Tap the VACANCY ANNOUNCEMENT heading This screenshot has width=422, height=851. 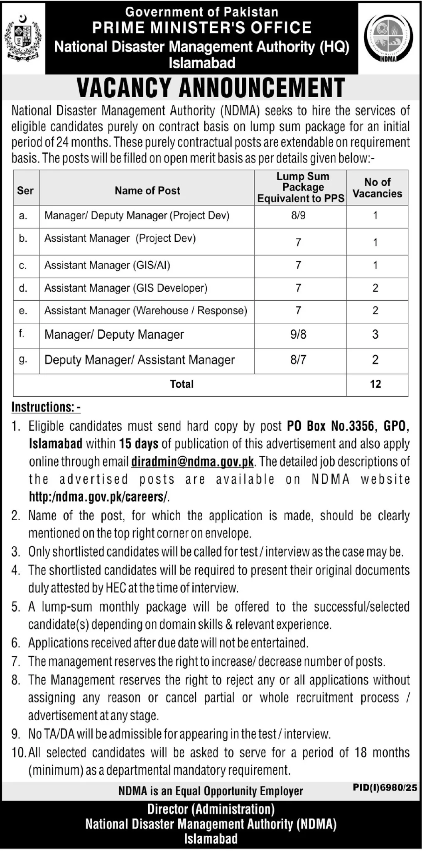pos(211,88)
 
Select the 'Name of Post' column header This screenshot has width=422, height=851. pos(147,191)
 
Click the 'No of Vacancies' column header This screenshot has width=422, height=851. pos(377,188)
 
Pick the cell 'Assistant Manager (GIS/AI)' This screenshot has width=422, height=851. pos(107,266)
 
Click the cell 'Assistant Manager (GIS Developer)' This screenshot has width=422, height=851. pos(126,288)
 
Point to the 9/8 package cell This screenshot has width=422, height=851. pos(298,334)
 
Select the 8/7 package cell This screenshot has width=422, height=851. pos(298,360)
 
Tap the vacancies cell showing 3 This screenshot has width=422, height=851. pos(375,334)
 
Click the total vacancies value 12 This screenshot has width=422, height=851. pos(375,384)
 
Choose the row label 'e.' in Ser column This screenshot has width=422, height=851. pos(23,310)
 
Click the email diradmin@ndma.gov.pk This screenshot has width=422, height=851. pos(192,462)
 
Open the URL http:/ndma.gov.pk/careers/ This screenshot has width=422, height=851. pos(99,497)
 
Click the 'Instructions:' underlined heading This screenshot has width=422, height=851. pos(46,407)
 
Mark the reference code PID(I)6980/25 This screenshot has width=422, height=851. pos(385,787)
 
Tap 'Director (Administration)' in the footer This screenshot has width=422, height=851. pos(211,809)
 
